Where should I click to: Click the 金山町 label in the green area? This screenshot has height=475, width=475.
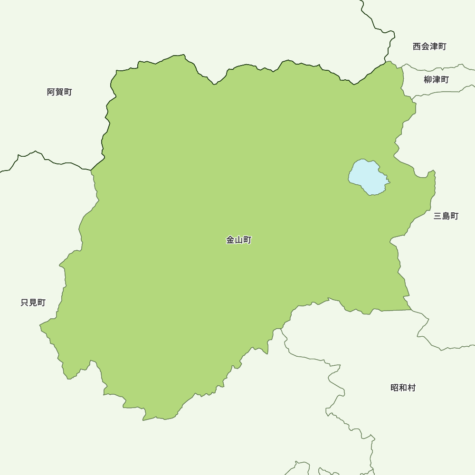[x=238, y=240]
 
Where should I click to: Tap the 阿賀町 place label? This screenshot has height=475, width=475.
[x=59, y=92]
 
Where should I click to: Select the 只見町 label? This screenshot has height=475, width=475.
[x=33, y=303]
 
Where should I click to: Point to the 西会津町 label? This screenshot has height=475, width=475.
[x=429, y=47]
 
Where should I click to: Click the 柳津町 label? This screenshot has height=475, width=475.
[x=436, y=80]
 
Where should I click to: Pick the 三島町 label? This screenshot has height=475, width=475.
[x=446, y=216]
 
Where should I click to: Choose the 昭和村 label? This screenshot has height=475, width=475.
[x=403, y=388]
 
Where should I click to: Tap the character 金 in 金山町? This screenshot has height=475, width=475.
[x=230, y=240]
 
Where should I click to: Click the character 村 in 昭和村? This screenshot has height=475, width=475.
[x=411, y=388]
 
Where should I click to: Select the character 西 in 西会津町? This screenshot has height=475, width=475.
[x=417, y=47]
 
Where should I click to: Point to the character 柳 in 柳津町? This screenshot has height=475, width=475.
[x=428, y=80]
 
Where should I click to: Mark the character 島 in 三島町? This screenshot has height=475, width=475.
[x=446, y=216]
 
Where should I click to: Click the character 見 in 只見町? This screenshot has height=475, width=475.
[x=33, y=303]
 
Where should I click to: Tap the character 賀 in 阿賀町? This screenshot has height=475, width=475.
[x=59, y=92]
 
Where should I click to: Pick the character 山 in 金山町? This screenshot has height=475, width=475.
[x=238, y=240]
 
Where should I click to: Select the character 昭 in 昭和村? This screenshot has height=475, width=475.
[x=395, y=388]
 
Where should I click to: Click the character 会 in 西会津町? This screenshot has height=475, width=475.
[x=425, y=47]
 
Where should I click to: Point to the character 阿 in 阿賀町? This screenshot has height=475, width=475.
[x=51, y=92]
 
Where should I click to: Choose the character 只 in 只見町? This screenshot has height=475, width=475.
[x=25, y=303]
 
